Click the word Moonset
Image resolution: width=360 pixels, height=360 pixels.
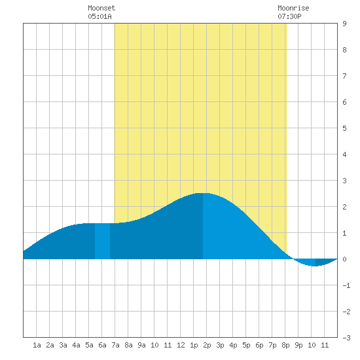(101, 8)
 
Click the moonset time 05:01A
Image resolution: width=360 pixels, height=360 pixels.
(99, 16)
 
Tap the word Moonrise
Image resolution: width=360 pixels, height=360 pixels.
(293, 8)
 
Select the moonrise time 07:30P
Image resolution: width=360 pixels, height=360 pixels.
(289, 16)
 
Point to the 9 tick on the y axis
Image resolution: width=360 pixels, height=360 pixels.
(344, 24)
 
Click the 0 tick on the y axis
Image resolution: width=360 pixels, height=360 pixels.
(344, 259)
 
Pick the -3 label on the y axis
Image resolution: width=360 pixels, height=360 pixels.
(346, 338)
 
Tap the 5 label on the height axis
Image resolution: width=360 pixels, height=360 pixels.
(344, 128)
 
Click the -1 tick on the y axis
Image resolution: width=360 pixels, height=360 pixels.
(346, 285)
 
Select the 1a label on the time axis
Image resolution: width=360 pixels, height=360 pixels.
(37, 345)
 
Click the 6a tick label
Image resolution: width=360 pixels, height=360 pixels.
(102, 345)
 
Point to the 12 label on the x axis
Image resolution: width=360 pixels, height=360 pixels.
(181, 345)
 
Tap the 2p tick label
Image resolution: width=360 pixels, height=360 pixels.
(207, 345)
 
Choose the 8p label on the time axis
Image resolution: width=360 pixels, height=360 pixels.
(285, 345)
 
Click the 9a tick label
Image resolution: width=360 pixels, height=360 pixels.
(141, 345)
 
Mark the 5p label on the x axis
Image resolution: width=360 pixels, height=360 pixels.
(246, 345)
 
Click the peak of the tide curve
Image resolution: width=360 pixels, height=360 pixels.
(203, 193)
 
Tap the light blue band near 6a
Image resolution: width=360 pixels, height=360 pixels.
(102, 241)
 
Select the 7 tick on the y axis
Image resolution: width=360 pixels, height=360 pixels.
(344, 76)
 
